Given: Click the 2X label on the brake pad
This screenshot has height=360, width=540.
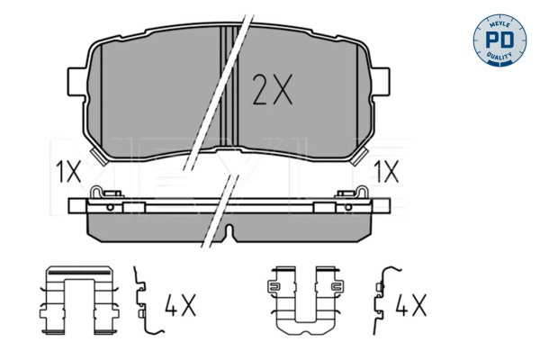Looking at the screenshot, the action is (x=273, y=90).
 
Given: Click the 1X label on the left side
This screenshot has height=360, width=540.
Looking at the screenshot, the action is (x=68, y=171).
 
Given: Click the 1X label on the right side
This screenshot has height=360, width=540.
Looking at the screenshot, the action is (x=387, y=171).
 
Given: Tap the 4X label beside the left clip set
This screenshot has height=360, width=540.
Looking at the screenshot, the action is (x=181, y=305).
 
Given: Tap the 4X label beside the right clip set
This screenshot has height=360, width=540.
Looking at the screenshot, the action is (x=411, y=305).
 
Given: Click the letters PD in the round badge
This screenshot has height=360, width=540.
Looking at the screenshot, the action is (x=499, y=40).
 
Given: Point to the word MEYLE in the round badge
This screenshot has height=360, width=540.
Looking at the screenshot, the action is (x=499, y=24).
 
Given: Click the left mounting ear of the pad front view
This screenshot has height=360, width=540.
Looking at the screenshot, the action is (x=76, y=82).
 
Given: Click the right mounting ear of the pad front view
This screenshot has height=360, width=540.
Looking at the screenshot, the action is (x=381, y=82).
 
